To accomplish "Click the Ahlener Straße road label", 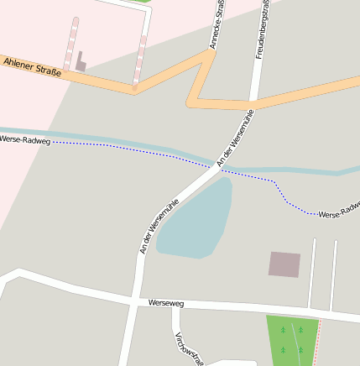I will click(x=32, y=66).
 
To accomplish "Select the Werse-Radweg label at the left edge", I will click(x=24, y=139).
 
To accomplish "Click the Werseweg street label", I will click(x=164, y=302).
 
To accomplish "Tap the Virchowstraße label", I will click(x=187, y=347).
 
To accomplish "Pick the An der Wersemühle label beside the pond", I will click(x=159, y=226).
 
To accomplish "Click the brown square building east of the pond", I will click(x=284, y=264).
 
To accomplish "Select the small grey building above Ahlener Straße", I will click(x=81, y=62).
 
